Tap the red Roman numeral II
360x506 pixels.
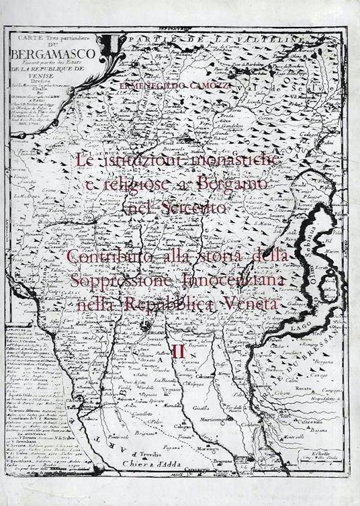click(178, 350)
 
